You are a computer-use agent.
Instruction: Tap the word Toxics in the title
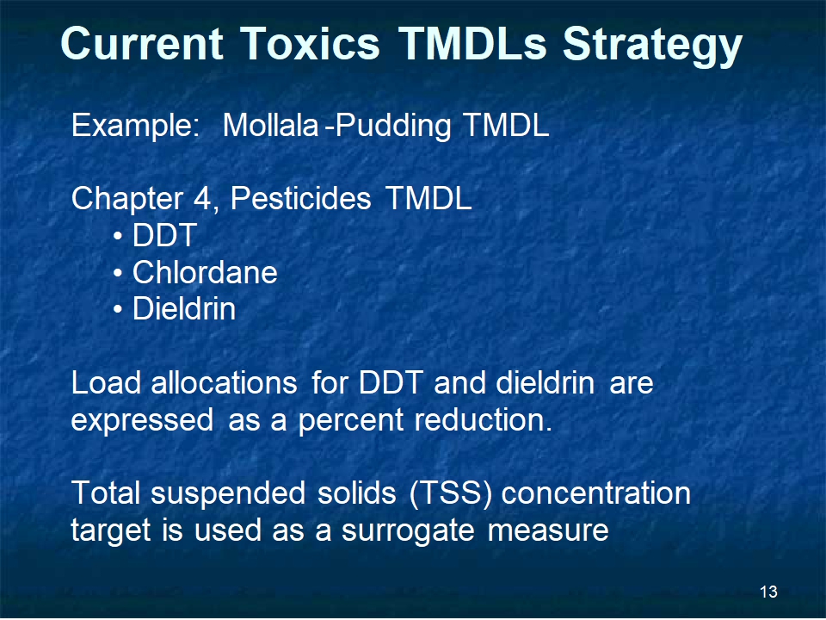pos(311,43)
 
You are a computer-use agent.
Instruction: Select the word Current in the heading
pos(142,43)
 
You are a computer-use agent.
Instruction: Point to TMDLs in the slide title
pos(472,43)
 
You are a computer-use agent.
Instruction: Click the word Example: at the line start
pos(135,126)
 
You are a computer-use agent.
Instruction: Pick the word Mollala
pos(271,126)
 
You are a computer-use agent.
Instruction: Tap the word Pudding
pos(393,126)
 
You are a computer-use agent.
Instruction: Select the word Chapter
pos(127,199)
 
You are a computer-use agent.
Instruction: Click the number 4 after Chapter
pos(202,199)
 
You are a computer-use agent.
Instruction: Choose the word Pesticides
pos(301,199)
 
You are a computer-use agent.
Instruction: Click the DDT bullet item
pos(165,235)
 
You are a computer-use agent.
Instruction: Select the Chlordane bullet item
pos(205,272)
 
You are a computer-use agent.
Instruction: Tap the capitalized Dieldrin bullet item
pos(184,308)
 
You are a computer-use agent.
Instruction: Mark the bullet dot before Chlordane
pos(118,274)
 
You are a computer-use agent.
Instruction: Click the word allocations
pos(225,382)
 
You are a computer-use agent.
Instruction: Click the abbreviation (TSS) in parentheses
pos(451,494)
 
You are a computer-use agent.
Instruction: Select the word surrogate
pos(408,531)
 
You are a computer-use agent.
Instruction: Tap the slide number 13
pos(768,592)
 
